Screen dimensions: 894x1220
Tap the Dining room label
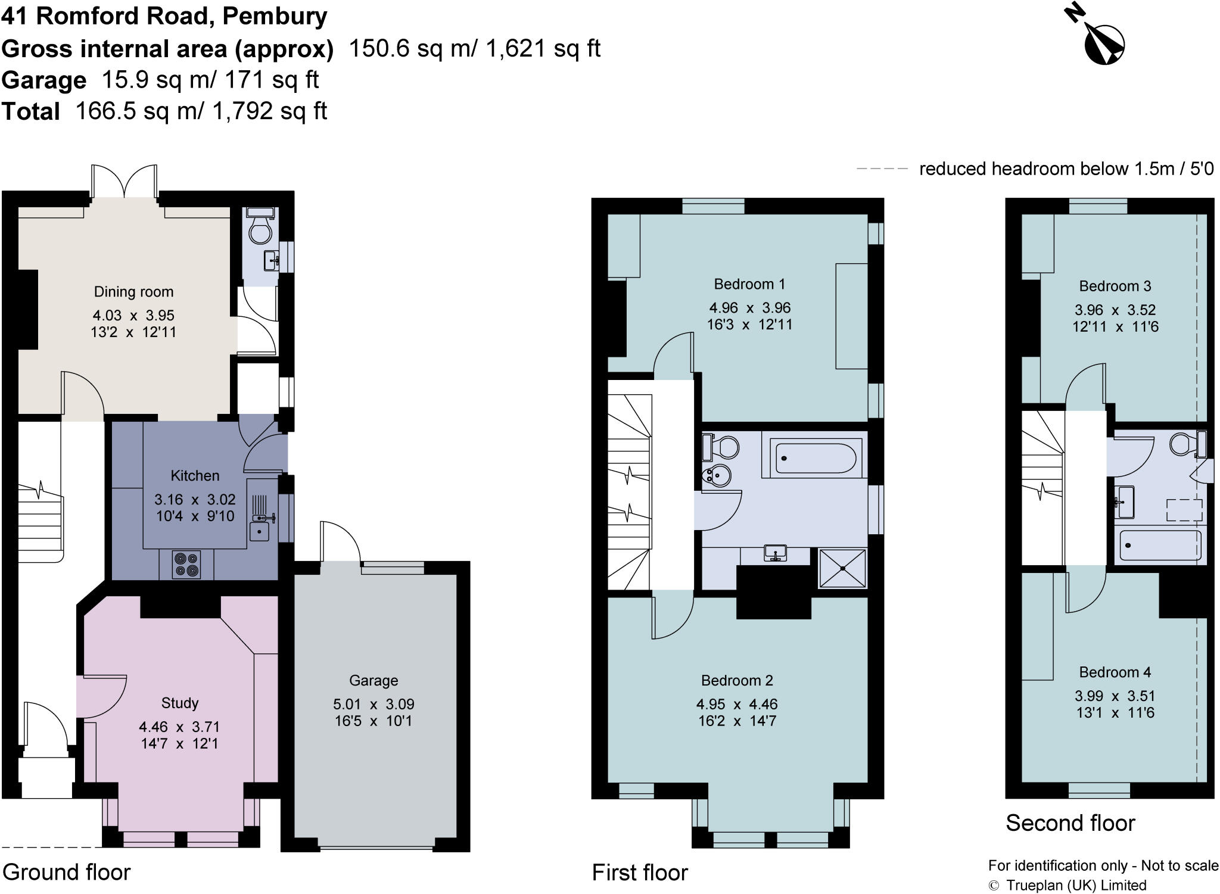133,292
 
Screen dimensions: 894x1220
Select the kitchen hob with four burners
186,564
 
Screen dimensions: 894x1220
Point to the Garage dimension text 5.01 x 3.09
374,704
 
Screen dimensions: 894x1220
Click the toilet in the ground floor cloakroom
260,230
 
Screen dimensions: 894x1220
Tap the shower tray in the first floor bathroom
843,568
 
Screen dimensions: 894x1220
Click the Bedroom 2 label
737,680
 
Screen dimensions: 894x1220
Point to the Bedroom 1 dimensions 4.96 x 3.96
749,308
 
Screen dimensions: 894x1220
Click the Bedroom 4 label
1115,672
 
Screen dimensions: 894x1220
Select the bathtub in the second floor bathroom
1159,545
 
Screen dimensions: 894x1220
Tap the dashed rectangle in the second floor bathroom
1184,510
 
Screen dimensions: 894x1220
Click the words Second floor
1070,823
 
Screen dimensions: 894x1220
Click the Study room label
179,703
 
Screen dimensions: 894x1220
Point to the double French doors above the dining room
125,182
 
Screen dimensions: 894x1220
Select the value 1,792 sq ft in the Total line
269,111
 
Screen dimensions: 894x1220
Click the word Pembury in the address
275,16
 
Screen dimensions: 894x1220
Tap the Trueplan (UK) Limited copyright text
1076,886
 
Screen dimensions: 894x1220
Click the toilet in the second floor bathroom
1183,444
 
